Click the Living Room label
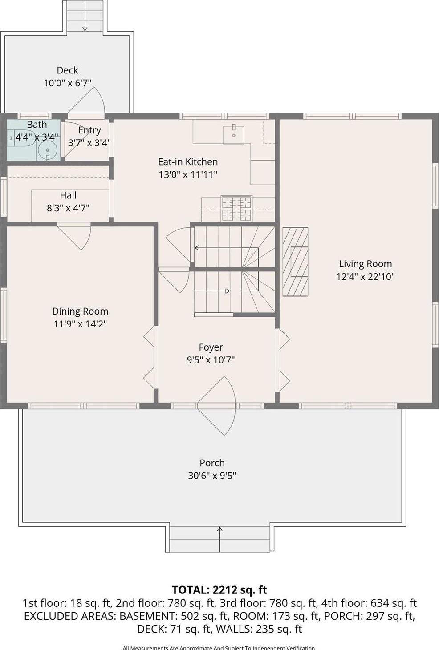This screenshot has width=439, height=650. point(365,264)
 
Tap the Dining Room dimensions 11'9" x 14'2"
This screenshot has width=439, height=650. point(80,324)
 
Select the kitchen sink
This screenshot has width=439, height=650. point(233,134)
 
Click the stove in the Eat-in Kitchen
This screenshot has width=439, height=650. point(236,209)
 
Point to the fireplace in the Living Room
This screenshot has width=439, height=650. point(295,262)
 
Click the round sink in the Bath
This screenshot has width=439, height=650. point(47,150)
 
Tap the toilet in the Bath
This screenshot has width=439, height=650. point(21,138)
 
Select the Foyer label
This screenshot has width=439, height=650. point(211,347)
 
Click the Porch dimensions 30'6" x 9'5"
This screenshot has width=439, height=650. point(212,476)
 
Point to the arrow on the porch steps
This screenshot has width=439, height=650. point(219,529)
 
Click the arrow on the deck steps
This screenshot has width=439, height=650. point(85,28)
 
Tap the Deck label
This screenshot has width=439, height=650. point(67,70)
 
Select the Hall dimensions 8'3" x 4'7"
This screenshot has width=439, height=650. point(68,207)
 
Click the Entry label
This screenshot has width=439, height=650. point(89,130)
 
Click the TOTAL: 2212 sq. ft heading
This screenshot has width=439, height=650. point(219,590)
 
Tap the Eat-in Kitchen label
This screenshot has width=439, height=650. point(188,162)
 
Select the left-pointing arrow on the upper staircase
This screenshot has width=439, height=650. point(197,248)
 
